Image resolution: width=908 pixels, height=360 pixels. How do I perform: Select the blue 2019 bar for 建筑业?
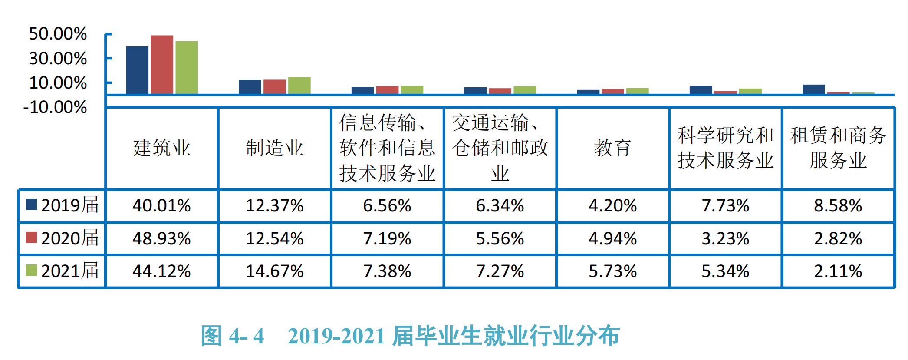pyautogui.click(x=137, y=70)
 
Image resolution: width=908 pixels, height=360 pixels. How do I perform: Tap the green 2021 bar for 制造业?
pyautogui.click(x=299, y=86)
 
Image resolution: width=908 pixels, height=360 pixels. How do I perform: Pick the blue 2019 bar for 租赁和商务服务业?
pyautogui.click(x=813, y=89)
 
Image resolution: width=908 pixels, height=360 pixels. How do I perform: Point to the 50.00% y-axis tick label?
pyautogui.click(x=58, y=34)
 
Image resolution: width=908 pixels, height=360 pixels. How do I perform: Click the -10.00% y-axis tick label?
pyautogui.click(x=55, y=107)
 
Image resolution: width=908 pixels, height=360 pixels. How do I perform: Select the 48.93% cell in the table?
pyautogui.click(x=161, y=239)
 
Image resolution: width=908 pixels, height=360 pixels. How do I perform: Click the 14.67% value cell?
pyautogui.click(x=274, y=271)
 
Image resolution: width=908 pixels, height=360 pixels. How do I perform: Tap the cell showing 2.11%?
pyautogui.click(x=838, y=271)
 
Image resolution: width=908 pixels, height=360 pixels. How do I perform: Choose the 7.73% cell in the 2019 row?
pyautogui.click(x=725, y=206)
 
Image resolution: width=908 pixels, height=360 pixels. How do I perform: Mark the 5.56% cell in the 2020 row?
pyautogui.click(x=500, y=239)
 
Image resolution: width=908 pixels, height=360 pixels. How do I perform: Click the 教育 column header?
pyautogui.click(x=612, y=148)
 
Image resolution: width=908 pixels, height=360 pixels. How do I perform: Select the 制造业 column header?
pyautogui.click(x=274, y=148)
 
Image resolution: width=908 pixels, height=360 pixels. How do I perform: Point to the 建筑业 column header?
pyautogui.click(x=161, y=148)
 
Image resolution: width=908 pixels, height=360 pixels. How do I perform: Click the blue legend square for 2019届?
pyautogui.click(x=31, y=205)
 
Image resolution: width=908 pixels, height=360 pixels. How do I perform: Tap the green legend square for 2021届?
pyautogui.click(x=31, y=270)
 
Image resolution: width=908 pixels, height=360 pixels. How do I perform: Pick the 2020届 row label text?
pyautogui.click(x=70, y=238)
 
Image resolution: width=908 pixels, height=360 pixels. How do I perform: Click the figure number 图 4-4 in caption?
pyautogui.click(x=233, y=336)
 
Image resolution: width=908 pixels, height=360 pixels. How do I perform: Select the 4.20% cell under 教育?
pyautogui.click(x=612, y=206)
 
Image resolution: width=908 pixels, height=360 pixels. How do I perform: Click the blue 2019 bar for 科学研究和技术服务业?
pyautogui.click(x=701, y=89)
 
